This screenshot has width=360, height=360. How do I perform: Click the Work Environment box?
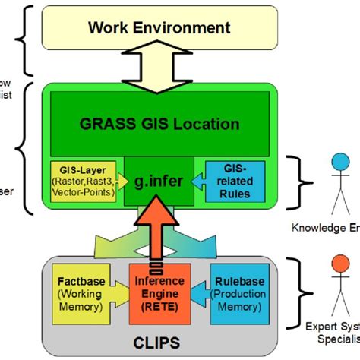(159, 29)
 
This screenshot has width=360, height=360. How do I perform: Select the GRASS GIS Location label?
(160, 123)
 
